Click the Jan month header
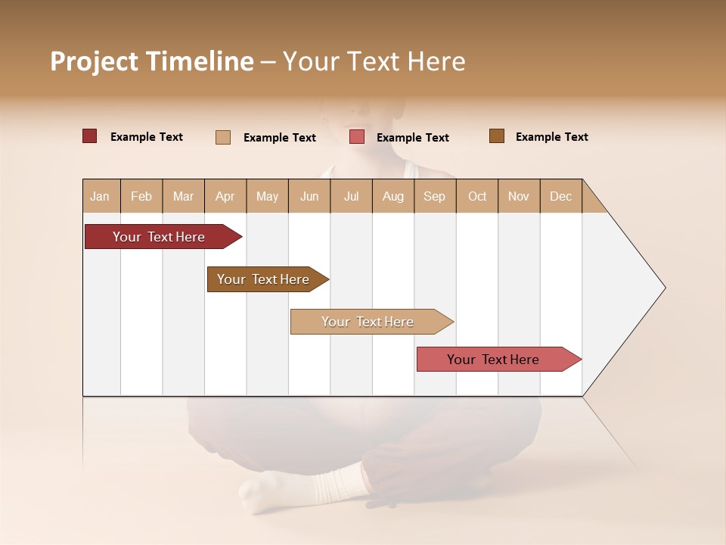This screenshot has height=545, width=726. click(100, 196)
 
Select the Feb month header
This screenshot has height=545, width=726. click(141, 196)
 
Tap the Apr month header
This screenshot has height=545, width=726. click(225, 196)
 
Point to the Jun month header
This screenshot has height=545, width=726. click(309, 196)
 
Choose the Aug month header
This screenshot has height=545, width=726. click(392, 196)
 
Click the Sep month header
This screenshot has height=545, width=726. click(434, 196)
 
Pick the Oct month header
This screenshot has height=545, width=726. click(477, 196)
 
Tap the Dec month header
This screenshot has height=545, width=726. click(560, 196)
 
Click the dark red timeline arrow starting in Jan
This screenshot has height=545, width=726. click(159, 237)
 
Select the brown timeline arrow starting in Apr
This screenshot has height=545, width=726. click(263, 279)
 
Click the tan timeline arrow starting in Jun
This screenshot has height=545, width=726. click(368, 322)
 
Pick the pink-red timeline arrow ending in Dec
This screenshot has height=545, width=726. click(493, 360)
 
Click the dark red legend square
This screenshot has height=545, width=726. click(89, 136)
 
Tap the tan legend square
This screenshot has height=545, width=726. click(223, 137)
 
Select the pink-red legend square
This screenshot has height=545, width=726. click(357, 137)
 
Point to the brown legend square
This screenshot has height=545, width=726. click(497, 136)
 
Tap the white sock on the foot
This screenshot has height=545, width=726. click(333, 484)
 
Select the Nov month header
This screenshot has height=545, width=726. click(519, 196)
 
